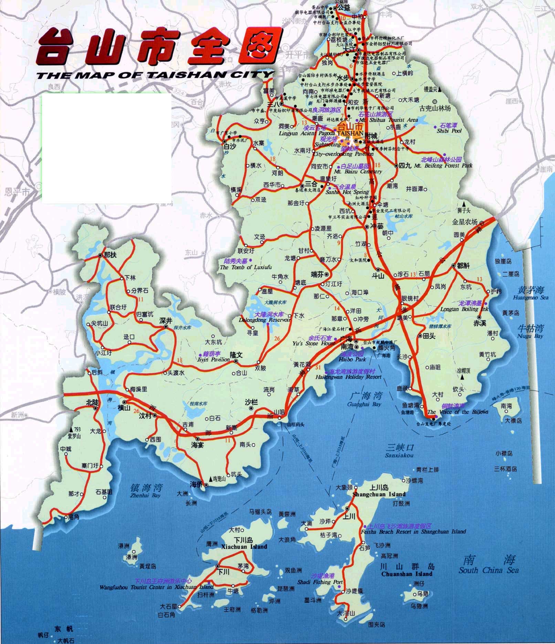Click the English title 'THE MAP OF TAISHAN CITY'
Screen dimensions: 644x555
155,75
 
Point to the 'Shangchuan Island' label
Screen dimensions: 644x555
379,494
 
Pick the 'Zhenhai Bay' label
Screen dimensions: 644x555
146,496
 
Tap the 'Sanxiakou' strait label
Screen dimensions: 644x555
399,455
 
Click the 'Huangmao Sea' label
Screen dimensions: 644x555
530,298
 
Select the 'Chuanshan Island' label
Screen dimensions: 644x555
407,574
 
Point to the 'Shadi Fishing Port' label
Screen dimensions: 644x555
320,582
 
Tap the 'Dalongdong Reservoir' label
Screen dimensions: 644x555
265,320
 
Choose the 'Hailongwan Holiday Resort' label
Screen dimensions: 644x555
348,377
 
